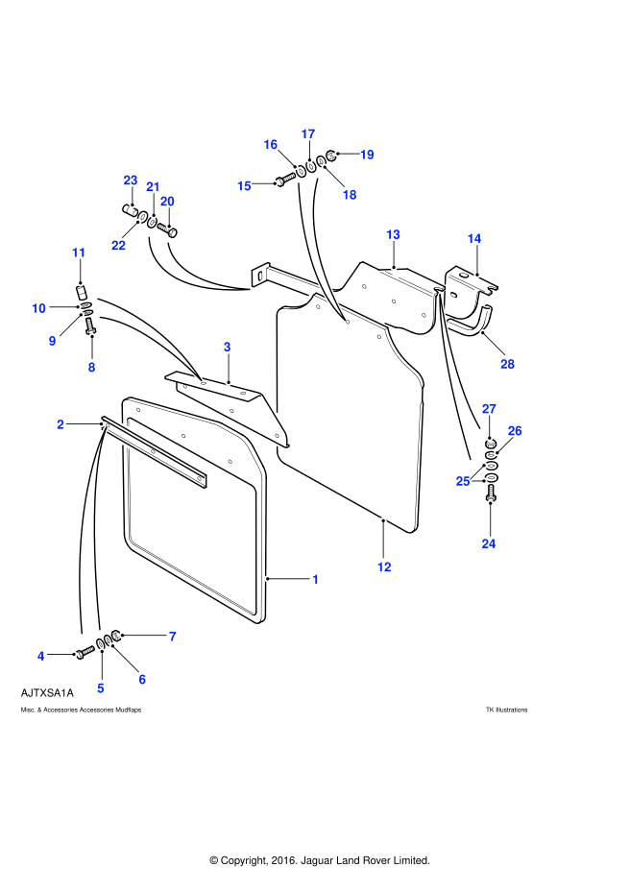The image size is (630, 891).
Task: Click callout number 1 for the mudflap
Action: (316, 579)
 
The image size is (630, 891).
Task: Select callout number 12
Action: (384, 566)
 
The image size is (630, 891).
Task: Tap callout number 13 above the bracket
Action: (393, 234)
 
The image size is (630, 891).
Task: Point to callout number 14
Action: (474, 238)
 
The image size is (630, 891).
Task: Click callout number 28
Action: (507, 364)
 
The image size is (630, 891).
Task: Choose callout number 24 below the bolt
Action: (489, 543)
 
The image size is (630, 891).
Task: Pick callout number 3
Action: (227, 346)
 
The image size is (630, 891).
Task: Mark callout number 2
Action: (61, 423)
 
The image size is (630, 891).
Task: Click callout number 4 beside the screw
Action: (41, 656)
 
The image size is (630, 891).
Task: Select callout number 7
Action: (173, 636)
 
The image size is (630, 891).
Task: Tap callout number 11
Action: (78, 253)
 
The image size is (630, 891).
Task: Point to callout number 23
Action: (131, 181)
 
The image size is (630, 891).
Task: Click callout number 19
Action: (366, 154)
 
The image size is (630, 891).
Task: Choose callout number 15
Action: (244, 185)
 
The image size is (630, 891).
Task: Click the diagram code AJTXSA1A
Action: (47, 692)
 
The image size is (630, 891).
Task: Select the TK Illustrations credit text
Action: (506, 710)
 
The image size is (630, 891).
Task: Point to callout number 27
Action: (489, 409)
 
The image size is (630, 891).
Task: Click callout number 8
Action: (91, 367)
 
